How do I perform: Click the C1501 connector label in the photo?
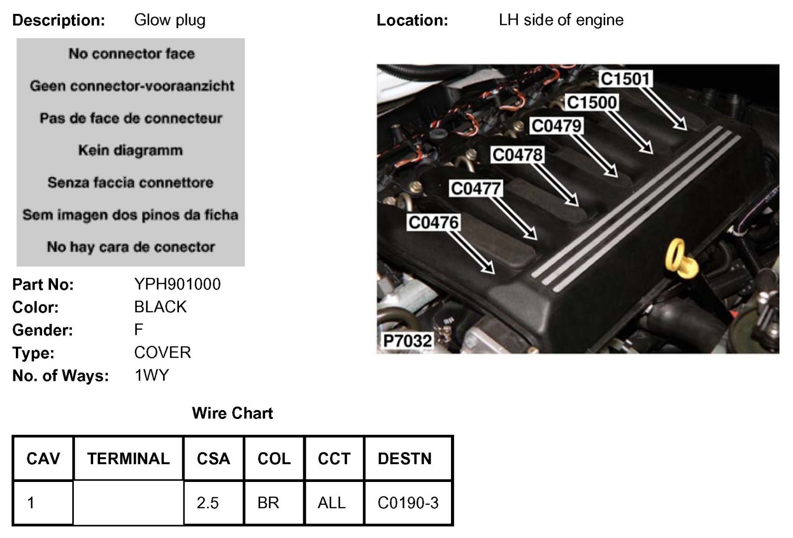(x=625, y=79)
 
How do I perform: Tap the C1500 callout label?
(x=591, y=103)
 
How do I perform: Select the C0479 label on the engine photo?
(x=556, y=126)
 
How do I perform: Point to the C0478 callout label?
(x=517, y=155)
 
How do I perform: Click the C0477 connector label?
(x=476, y=188)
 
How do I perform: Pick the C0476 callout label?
(x=433, y=223)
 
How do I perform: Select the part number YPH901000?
(x=177, y=284)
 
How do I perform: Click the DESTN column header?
(x=404, y=459)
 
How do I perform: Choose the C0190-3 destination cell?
(x=408, y=503)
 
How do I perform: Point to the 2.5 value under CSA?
(x=207, y=503)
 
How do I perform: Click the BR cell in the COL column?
(x=268, y=503)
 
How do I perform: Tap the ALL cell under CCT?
(x=331, y=503)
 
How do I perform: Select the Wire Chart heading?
(x=232, y=413)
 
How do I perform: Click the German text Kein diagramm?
(x=130, y=150)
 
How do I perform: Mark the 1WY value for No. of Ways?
(x=152, y=375)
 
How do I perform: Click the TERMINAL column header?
(x=128, y=459)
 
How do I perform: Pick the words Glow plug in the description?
(x=170, y=20)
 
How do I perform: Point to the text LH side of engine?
(x=561, y=20)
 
